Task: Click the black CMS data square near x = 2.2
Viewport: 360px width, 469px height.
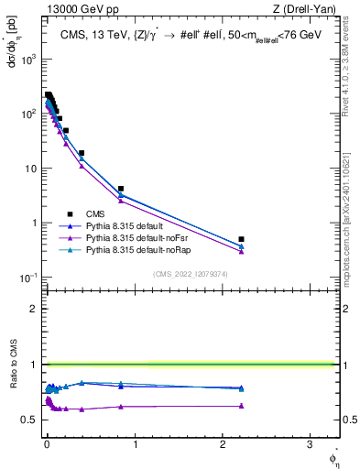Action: (x=241, y=239)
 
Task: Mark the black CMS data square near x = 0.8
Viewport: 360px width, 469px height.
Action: (x=121, y=189)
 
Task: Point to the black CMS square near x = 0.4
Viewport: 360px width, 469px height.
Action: (x=82, y=153)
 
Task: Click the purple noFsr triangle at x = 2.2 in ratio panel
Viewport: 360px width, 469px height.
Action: (x=241, y=405)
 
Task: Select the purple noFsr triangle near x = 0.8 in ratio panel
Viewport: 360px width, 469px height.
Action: (x=121, y=407)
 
